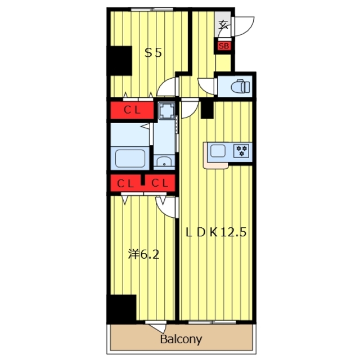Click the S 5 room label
tap(153, 53)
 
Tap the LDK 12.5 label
tap(216, 232)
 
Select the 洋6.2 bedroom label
tap(143, 254)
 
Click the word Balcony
tap(181, 339)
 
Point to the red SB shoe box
tap(224, 46)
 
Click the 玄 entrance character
tap(223, 25)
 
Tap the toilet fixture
tap(240, 86)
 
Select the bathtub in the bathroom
tap(130, 159)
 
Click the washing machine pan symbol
tap(167, 111)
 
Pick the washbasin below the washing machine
tap(164, 161)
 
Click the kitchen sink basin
tap(218, 151)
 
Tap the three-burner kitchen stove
tap(241, 151)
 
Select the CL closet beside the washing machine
tap(132, 110)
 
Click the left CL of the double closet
tap(125, 183)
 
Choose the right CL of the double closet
tap(160, 183)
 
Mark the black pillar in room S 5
tap(120, 61)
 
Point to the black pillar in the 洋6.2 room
tap(121, 309)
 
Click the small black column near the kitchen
tap(207, 110)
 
